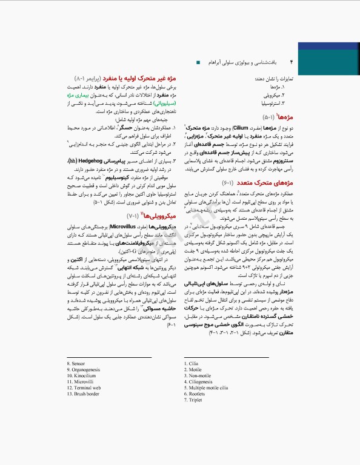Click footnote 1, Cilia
pos(192,364)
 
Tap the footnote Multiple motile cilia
pos(207,388)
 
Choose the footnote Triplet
pos(194,400)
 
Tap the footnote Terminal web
pos(83,388)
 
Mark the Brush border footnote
pos(83,394)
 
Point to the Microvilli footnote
pos(81,382)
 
